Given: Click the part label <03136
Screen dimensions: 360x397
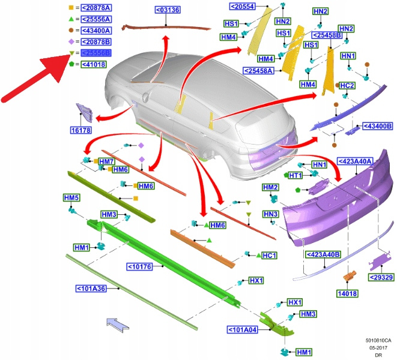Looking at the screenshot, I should tap(168, 10).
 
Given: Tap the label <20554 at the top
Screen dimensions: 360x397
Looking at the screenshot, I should tap(243, 6).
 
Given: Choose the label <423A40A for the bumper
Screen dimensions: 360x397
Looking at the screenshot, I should tap(356, 161).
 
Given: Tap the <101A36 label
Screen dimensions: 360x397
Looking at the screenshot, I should tap(91, 289).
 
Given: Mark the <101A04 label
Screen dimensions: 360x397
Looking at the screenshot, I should tap(243, 329).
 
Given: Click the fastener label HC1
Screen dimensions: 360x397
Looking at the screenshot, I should tap(270, 256).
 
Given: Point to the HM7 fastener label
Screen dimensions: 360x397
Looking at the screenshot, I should tap(106, 162).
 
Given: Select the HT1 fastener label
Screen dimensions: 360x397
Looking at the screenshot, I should tap(294, 175).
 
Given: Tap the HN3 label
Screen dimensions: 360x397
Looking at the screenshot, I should tap(270, 214).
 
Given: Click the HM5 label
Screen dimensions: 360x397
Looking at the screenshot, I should tap(71, 197).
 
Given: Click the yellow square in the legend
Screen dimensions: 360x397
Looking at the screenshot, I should tap(71, 8).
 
